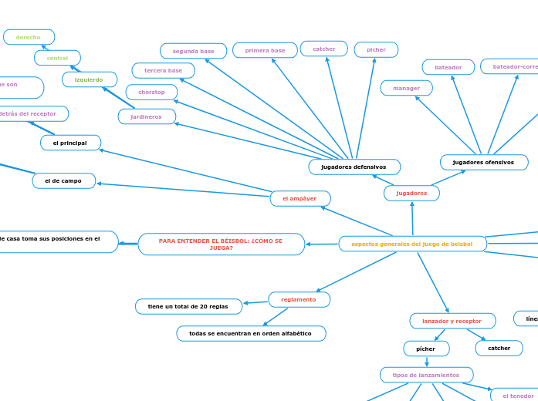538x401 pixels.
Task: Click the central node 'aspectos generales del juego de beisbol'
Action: point(412,244)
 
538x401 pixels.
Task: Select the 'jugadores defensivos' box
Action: point(354,167)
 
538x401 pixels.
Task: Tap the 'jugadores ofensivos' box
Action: point(484,162)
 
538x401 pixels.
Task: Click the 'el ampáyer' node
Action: point(300,198)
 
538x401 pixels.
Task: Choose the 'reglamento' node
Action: point(299,299)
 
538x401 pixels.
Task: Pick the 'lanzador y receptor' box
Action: point(452,321)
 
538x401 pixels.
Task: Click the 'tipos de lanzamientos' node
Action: point(426,375)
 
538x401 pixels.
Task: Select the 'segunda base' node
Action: point(193,51)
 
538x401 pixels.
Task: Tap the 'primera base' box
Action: point(265,50)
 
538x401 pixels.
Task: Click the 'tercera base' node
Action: point(163,70)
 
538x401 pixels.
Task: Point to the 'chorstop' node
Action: point(152,92)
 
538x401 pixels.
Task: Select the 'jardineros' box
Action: point(147,116)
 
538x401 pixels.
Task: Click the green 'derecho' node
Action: point(29,37)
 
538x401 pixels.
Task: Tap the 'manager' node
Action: point(406,88)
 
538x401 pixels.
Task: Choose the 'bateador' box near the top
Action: point(448,67)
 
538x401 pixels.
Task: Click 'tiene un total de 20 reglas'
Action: point(188,306)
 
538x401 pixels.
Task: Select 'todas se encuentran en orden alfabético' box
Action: point(251,333)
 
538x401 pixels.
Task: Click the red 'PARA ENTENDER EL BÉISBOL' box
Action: point(221,244)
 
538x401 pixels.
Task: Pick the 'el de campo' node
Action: point(63,180)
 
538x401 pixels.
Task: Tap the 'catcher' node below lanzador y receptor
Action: point(499,348)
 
